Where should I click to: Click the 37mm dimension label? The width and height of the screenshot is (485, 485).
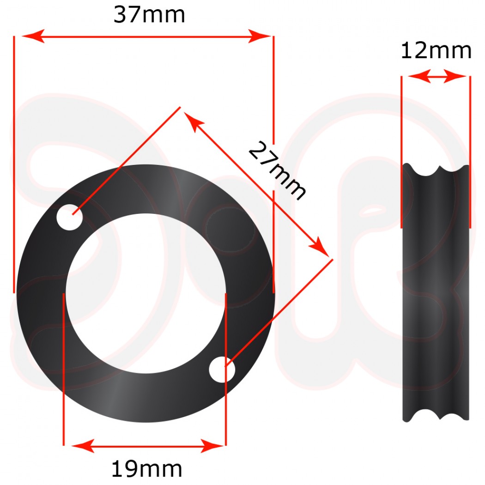149,15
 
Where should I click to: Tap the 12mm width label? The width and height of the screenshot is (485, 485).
436,51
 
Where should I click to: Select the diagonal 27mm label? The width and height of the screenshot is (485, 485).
277,171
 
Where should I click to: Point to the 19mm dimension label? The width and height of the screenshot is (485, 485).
147,469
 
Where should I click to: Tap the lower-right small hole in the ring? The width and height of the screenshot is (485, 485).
222,370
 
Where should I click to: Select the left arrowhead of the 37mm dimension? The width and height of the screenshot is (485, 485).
32,36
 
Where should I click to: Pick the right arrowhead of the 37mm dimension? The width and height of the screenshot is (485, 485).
259,36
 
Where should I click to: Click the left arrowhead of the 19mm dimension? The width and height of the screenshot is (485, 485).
80,446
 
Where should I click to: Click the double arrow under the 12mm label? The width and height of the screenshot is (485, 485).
436,77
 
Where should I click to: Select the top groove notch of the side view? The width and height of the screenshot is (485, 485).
436,170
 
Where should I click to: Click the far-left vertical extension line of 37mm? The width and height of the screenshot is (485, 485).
14,162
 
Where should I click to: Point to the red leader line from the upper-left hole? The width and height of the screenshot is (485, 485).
125,162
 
